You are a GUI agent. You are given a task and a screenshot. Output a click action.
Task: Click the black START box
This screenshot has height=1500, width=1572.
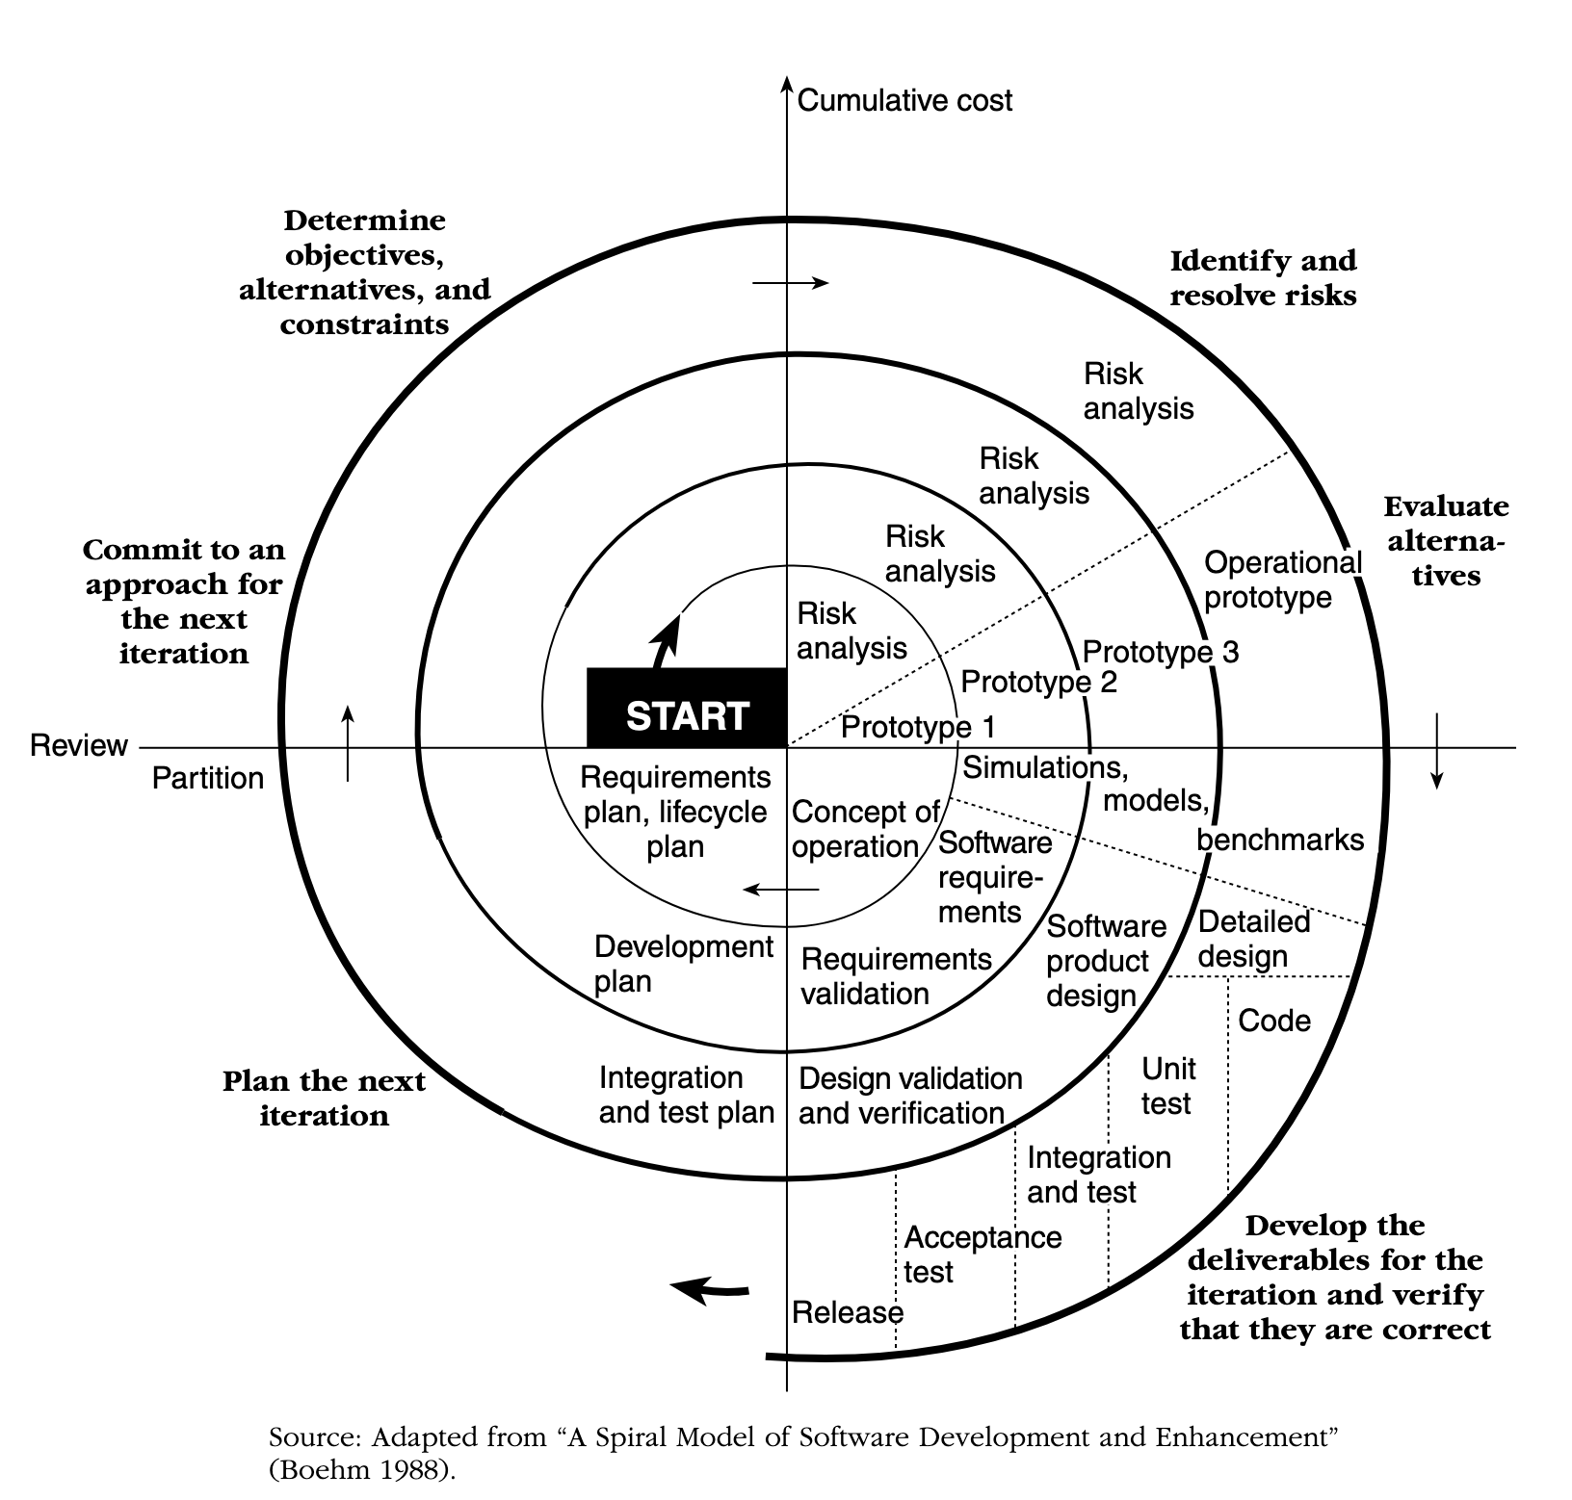[x=687, y=708]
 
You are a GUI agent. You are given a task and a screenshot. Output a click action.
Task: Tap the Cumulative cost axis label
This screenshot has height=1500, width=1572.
[x=904, y=101]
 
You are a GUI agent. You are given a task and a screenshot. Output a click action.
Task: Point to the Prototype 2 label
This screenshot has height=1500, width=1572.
[x=1038, y=683]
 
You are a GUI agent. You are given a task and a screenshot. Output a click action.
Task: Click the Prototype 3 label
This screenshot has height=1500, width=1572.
[x=1160, y=652]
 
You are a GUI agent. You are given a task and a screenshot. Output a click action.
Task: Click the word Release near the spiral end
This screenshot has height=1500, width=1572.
[x=847, y=1312]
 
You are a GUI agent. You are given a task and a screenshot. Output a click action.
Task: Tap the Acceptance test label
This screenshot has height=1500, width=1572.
[x=982, y=1254]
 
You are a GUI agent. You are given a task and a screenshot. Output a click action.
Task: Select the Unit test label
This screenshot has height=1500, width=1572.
[x=1167, y=1086]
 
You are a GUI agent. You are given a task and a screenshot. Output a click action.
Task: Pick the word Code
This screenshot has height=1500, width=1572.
[x=1273, y=1021]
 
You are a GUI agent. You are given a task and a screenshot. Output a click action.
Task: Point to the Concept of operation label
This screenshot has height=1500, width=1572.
[x=863, y=829]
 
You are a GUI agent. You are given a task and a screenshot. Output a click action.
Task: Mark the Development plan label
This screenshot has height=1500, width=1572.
[x=683, y=964]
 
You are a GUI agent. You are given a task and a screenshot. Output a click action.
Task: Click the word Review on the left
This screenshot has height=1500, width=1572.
[x=79, y=746]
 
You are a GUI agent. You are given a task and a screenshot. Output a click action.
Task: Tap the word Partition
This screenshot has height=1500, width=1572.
[x=207, y=778]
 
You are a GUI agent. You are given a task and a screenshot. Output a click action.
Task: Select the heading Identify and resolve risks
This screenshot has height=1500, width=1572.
[x=1262, y=277]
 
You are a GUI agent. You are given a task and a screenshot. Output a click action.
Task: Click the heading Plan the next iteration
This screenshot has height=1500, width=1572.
[x=324, y=1099]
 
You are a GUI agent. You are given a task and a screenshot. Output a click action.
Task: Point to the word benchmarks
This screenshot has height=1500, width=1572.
[x=1279, y=840]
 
